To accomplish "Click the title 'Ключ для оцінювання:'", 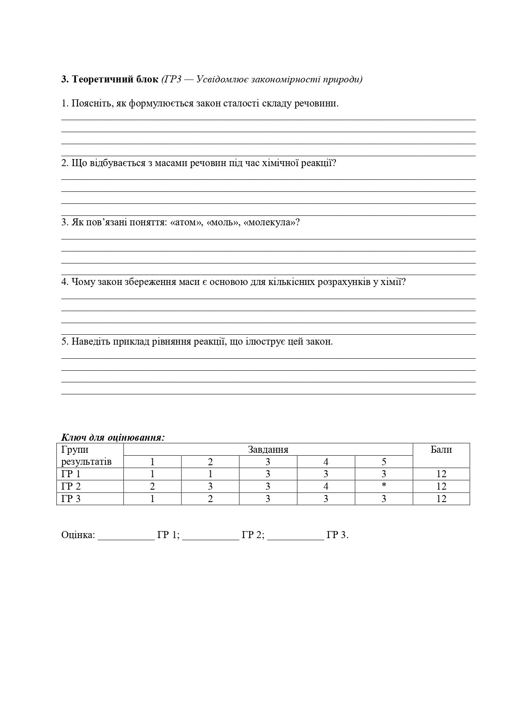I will [x=113, y=437].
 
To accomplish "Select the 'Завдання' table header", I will [x=268, y=449].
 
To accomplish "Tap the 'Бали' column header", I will [x=441, y=449].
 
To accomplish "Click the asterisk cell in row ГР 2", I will [x=384, y=486].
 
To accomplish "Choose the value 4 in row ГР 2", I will [x=326, y=486].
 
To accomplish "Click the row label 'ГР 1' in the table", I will [x=71, y=474].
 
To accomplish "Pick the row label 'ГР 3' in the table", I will [x=71, y=499].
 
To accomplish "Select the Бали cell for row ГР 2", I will [x=441, y=486].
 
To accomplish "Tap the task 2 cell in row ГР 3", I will [x=210, y=499].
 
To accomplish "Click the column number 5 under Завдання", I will [x=384, y=462].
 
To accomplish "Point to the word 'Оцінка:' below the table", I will [x=78, y=535].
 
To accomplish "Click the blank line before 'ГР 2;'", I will [x=211, y=537].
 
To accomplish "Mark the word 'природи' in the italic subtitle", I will [x=345, y=79].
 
